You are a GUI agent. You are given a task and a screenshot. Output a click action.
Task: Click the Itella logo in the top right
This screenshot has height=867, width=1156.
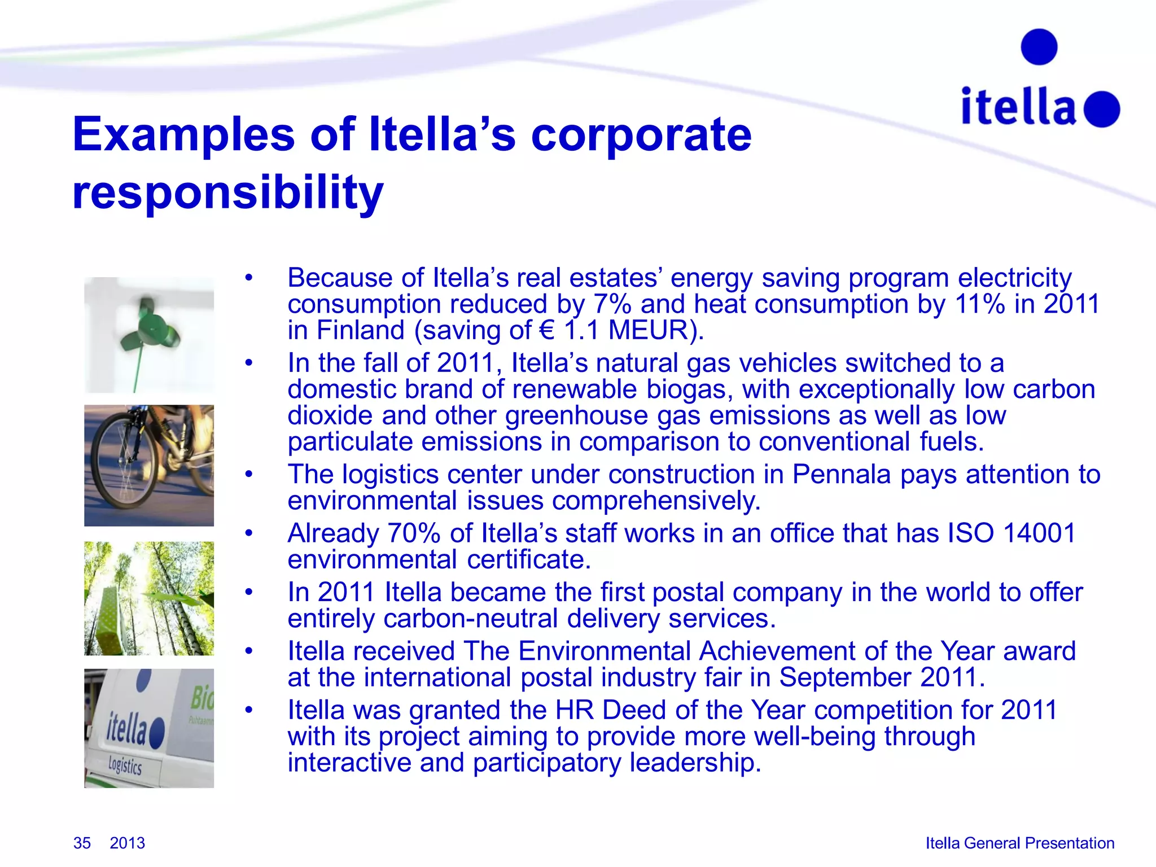(x=1040, y=85)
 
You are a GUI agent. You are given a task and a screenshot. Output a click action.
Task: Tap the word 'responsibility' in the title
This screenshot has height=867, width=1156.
(x=227, y=192)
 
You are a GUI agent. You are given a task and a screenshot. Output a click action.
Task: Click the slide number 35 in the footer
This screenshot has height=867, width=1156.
(x=82, y=843)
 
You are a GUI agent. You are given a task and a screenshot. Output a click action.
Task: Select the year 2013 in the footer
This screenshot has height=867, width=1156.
(x=127, y=843)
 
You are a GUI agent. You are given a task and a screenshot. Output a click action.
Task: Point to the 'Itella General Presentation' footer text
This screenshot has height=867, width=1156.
(x=1019, y=843)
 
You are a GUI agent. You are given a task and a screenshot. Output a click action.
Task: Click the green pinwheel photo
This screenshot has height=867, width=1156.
(x=149, y=335)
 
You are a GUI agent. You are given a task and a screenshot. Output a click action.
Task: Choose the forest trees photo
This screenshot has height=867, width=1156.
(x=149, y=598)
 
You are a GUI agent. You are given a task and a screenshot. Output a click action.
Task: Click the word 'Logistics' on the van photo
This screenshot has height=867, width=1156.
(x=125, y=765)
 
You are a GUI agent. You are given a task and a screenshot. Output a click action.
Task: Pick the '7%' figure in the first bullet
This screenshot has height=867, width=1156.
(x=612, y=304)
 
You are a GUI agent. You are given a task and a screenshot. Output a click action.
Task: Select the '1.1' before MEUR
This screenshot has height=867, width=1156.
(x=581, y=330)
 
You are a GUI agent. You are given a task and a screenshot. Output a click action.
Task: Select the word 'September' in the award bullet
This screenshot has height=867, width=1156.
(x=845, y=677)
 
